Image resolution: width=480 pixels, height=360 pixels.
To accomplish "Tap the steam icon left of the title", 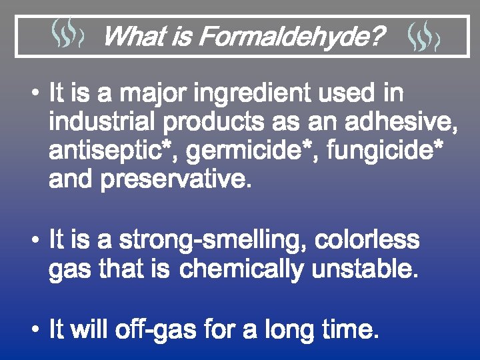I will click(67, 35).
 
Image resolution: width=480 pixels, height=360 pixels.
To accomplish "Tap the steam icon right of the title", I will click(423, 35).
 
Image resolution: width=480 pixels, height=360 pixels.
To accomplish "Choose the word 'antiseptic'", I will click(107, 152).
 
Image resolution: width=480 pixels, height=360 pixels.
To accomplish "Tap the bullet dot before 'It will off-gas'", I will click(39, 330).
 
